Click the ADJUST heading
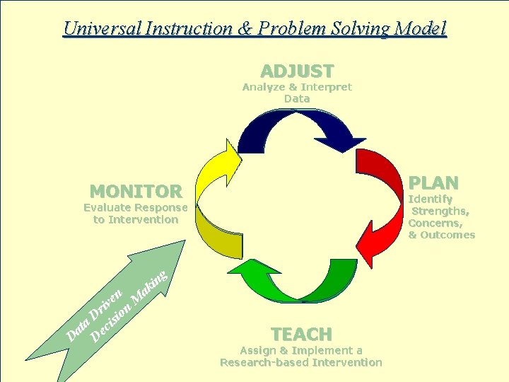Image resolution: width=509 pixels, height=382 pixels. [x=297, y=71]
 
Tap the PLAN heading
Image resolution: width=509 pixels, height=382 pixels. [x=435, y=183]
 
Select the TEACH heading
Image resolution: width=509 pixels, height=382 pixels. [x=301, y=334]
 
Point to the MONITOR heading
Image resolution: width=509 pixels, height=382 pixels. [x=136, y=191]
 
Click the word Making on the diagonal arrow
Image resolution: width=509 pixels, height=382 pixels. [x=153, y=283]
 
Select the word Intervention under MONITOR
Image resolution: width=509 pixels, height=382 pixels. [x=144, y=219]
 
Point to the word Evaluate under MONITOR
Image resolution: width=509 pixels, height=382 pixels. [x=108, y=207]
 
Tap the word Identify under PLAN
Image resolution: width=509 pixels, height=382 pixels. [x=431, y=199]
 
